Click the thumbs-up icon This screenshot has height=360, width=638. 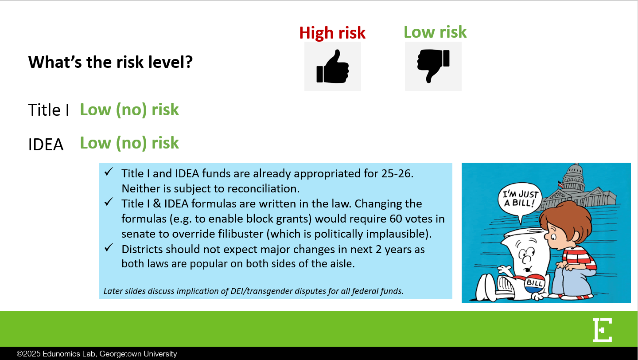(x=333, y=67)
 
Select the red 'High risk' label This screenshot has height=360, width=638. (x=332, y=33)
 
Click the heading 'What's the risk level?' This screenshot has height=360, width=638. (x=110, y=62)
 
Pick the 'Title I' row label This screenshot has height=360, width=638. (x=49, y=110)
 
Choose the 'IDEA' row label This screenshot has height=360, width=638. (x=46, y=144)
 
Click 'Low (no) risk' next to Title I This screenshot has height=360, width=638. (x=129, y=110)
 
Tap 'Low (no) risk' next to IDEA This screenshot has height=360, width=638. (x=129, y=143)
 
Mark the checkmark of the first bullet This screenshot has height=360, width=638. (x=109, y=172)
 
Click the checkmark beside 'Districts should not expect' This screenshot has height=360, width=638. (x=109, y=247)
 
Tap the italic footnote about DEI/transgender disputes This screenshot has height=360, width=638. (x=253, y=291)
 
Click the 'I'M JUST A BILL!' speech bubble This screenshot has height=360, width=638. (x=520, y=199)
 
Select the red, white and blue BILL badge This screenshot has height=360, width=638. (x=535, y=283)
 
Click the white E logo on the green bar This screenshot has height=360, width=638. (x=603, y=330)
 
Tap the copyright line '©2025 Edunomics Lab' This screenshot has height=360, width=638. (x=97, y=354)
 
